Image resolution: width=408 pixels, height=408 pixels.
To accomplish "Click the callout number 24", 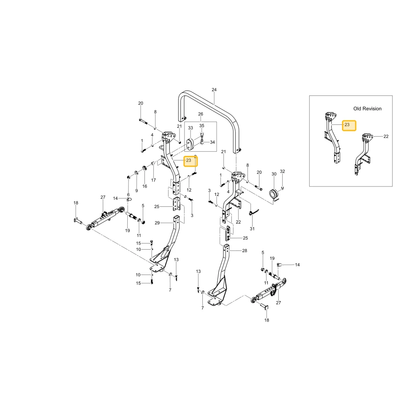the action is (x=214, y=90).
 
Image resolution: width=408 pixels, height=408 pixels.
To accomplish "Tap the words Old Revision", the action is (x=367, y=109).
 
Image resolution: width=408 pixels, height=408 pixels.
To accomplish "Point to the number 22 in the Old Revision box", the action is (x=386, y=136).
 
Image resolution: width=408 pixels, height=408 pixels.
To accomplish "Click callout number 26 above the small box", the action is (x=200, y=114).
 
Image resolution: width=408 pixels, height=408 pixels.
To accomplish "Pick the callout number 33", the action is (x=191, y=128).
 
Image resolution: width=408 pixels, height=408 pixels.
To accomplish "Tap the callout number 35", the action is (x=202, y=126).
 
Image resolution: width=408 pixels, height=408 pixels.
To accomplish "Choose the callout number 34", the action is (x=212, y=142).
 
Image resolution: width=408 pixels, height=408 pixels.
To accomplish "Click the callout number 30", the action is (x=274, y=174).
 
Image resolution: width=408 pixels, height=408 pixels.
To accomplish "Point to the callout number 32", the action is (x=282, y=171).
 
